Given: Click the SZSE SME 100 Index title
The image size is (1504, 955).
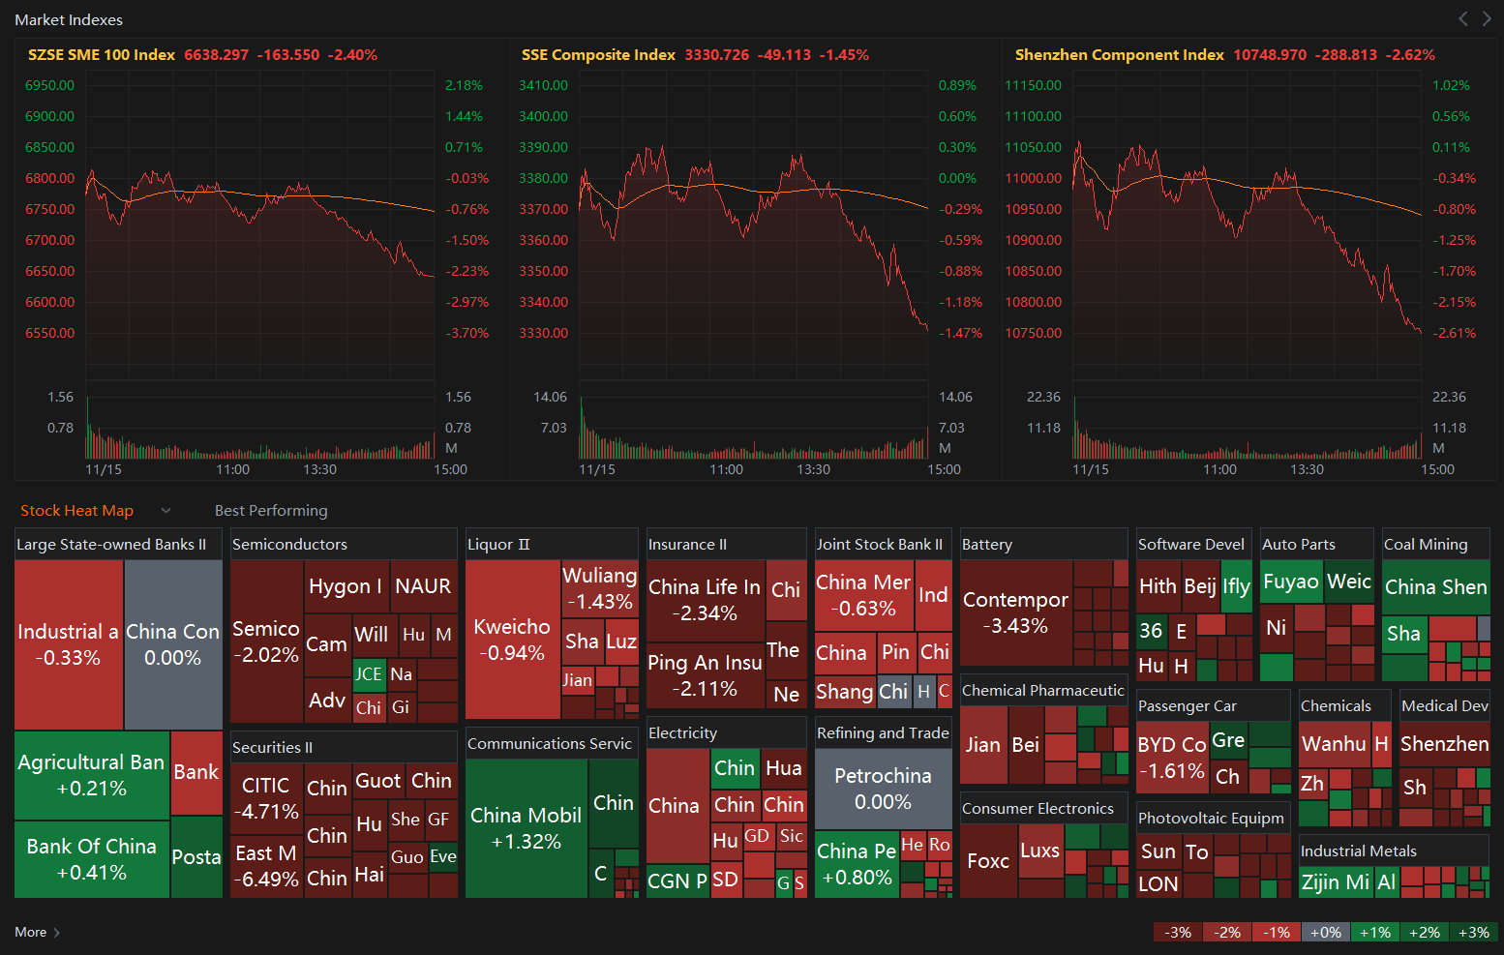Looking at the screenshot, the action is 102,55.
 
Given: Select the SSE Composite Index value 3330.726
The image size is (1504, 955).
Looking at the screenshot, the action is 716,55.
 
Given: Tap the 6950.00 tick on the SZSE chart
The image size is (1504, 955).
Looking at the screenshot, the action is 49,85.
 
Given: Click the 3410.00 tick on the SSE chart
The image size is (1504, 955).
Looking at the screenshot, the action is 543,85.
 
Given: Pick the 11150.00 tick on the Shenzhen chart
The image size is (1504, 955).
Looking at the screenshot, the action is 1033,85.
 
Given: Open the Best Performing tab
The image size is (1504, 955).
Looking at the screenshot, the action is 271,511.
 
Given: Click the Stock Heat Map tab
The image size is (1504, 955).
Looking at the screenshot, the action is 76,511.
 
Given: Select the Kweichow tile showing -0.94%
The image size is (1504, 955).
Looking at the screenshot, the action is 512,639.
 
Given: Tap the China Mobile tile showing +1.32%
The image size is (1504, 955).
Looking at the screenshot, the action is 526,828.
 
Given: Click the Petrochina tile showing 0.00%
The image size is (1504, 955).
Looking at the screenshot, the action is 883,789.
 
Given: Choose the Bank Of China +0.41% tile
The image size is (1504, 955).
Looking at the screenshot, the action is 92,859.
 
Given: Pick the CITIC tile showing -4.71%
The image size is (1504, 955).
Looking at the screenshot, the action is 266,798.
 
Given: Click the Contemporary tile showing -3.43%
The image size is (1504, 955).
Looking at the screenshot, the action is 1016,612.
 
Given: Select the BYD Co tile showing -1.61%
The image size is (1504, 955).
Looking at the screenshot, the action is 1172,758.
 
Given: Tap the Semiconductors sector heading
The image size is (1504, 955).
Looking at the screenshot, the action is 290,545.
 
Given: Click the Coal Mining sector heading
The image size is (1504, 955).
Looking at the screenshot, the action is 1426,545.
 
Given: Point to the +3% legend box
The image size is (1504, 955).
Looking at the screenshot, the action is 1474,932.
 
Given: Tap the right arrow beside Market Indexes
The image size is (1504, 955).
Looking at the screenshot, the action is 1487,18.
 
